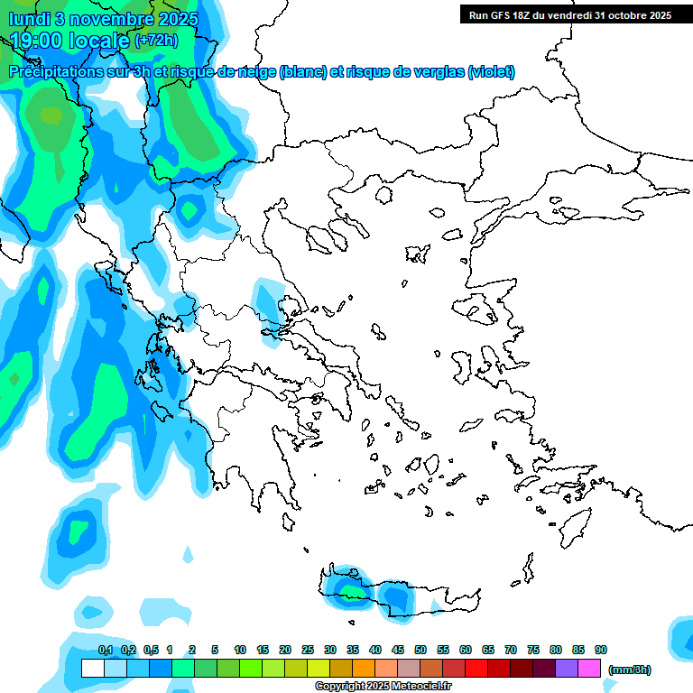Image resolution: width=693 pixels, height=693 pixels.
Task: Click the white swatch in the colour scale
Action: click(92, 669)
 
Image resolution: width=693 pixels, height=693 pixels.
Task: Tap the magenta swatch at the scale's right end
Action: click(589, 669)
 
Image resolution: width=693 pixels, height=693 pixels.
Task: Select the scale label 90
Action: click(601, 650)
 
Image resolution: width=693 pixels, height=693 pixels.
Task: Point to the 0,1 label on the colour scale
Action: click(106, 650)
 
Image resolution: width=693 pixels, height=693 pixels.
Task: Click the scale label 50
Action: click(420, 650)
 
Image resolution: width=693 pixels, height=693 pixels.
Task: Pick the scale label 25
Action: click(308, 650)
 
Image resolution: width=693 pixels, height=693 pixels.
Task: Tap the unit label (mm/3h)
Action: click(630, 670)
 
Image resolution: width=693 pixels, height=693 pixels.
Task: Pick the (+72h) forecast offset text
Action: click(156, 41)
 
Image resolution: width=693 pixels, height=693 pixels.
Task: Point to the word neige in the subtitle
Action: click(255, 71)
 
